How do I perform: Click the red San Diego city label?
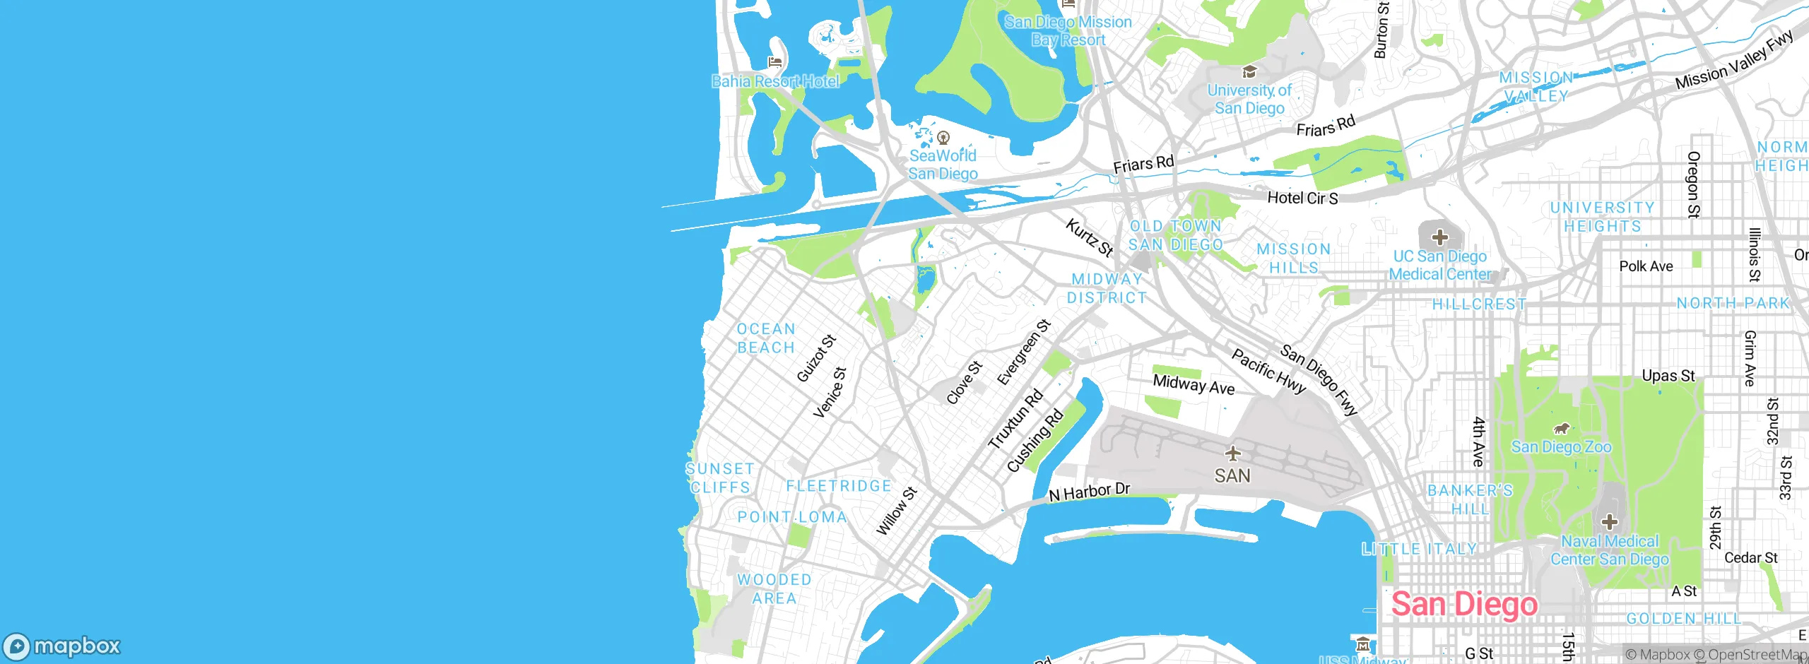point(1463,605)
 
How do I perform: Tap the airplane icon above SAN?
point(1232,453)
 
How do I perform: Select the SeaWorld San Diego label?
point(943,165)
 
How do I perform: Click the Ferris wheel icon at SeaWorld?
point(943,138)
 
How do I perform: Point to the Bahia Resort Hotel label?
point(775,81)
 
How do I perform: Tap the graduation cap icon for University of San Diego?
point(1249,72)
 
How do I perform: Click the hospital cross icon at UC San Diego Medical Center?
point(1440,237)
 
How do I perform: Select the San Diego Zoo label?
point(1561,447)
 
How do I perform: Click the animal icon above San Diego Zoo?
point(1562,428)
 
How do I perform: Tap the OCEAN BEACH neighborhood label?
point(766,338)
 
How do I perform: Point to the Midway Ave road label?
point(1194,386)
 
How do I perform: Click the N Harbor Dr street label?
point(1089,492)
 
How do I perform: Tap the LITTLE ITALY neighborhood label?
point(1419,549)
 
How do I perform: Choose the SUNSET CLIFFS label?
point(719,478)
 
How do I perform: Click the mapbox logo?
point(62,646)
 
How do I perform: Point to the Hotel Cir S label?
point(1302,198)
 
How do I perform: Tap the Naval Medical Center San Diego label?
point(1609,550)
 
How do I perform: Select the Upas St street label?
point(1668,376)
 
